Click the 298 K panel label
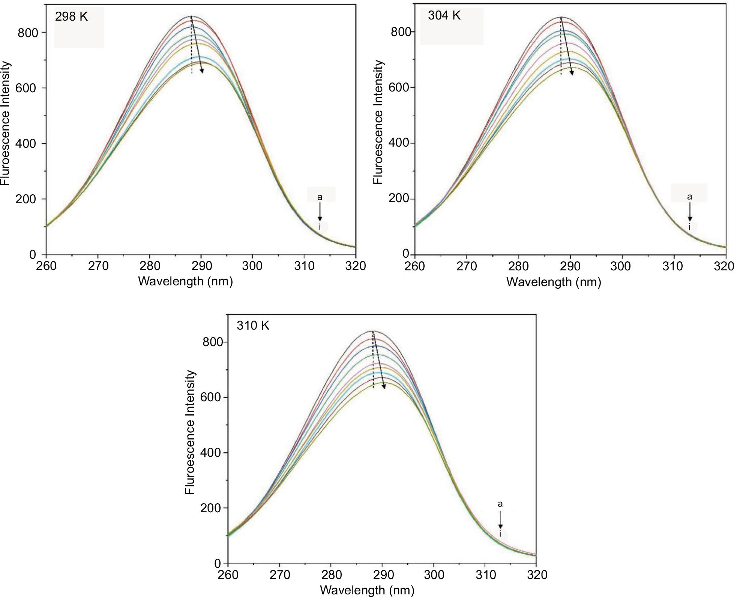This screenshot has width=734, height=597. coord(71,17)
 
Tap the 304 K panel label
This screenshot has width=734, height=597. coord(444,16)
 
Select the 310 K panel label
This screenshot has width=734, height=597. coord(253,325)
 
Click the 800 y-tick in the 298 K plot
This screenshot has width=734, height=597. coord(28,33)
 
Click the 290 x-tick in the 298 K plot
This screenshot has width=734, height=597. coord(201,266)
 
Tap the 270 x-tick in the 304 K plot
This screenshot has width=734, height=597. coord(466,266)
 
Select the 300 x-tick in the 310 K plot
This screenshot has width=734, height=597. coord(434,575)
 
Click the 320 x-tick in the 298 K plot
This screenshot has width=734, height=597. coord(356,266)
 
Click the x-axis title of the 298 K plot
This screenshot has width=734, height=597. coord(185,281)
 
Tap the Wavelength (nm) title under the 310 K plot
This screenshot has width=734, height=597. coord(367,590)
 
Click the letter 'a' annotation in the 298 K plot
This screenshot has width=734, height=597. coord(320,197)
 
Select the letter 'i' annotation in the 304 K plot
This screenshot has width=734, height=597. coord(689,227)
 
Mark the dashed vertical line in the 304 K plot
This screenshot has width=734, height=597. coord(561,49)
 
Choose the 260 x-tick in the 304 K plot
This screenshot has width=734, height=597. coord(415,266)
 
